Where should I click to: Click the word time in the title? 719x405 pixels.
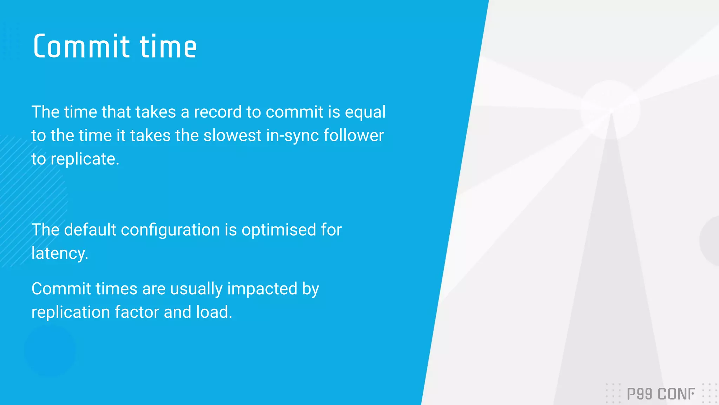coord(168,46)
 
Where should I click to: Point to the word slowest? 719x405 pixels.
coord(232,136)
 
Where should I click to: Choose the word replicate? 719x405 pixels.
coord(85,159)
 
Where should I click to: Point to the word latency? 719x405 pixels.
coord(60,253)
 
